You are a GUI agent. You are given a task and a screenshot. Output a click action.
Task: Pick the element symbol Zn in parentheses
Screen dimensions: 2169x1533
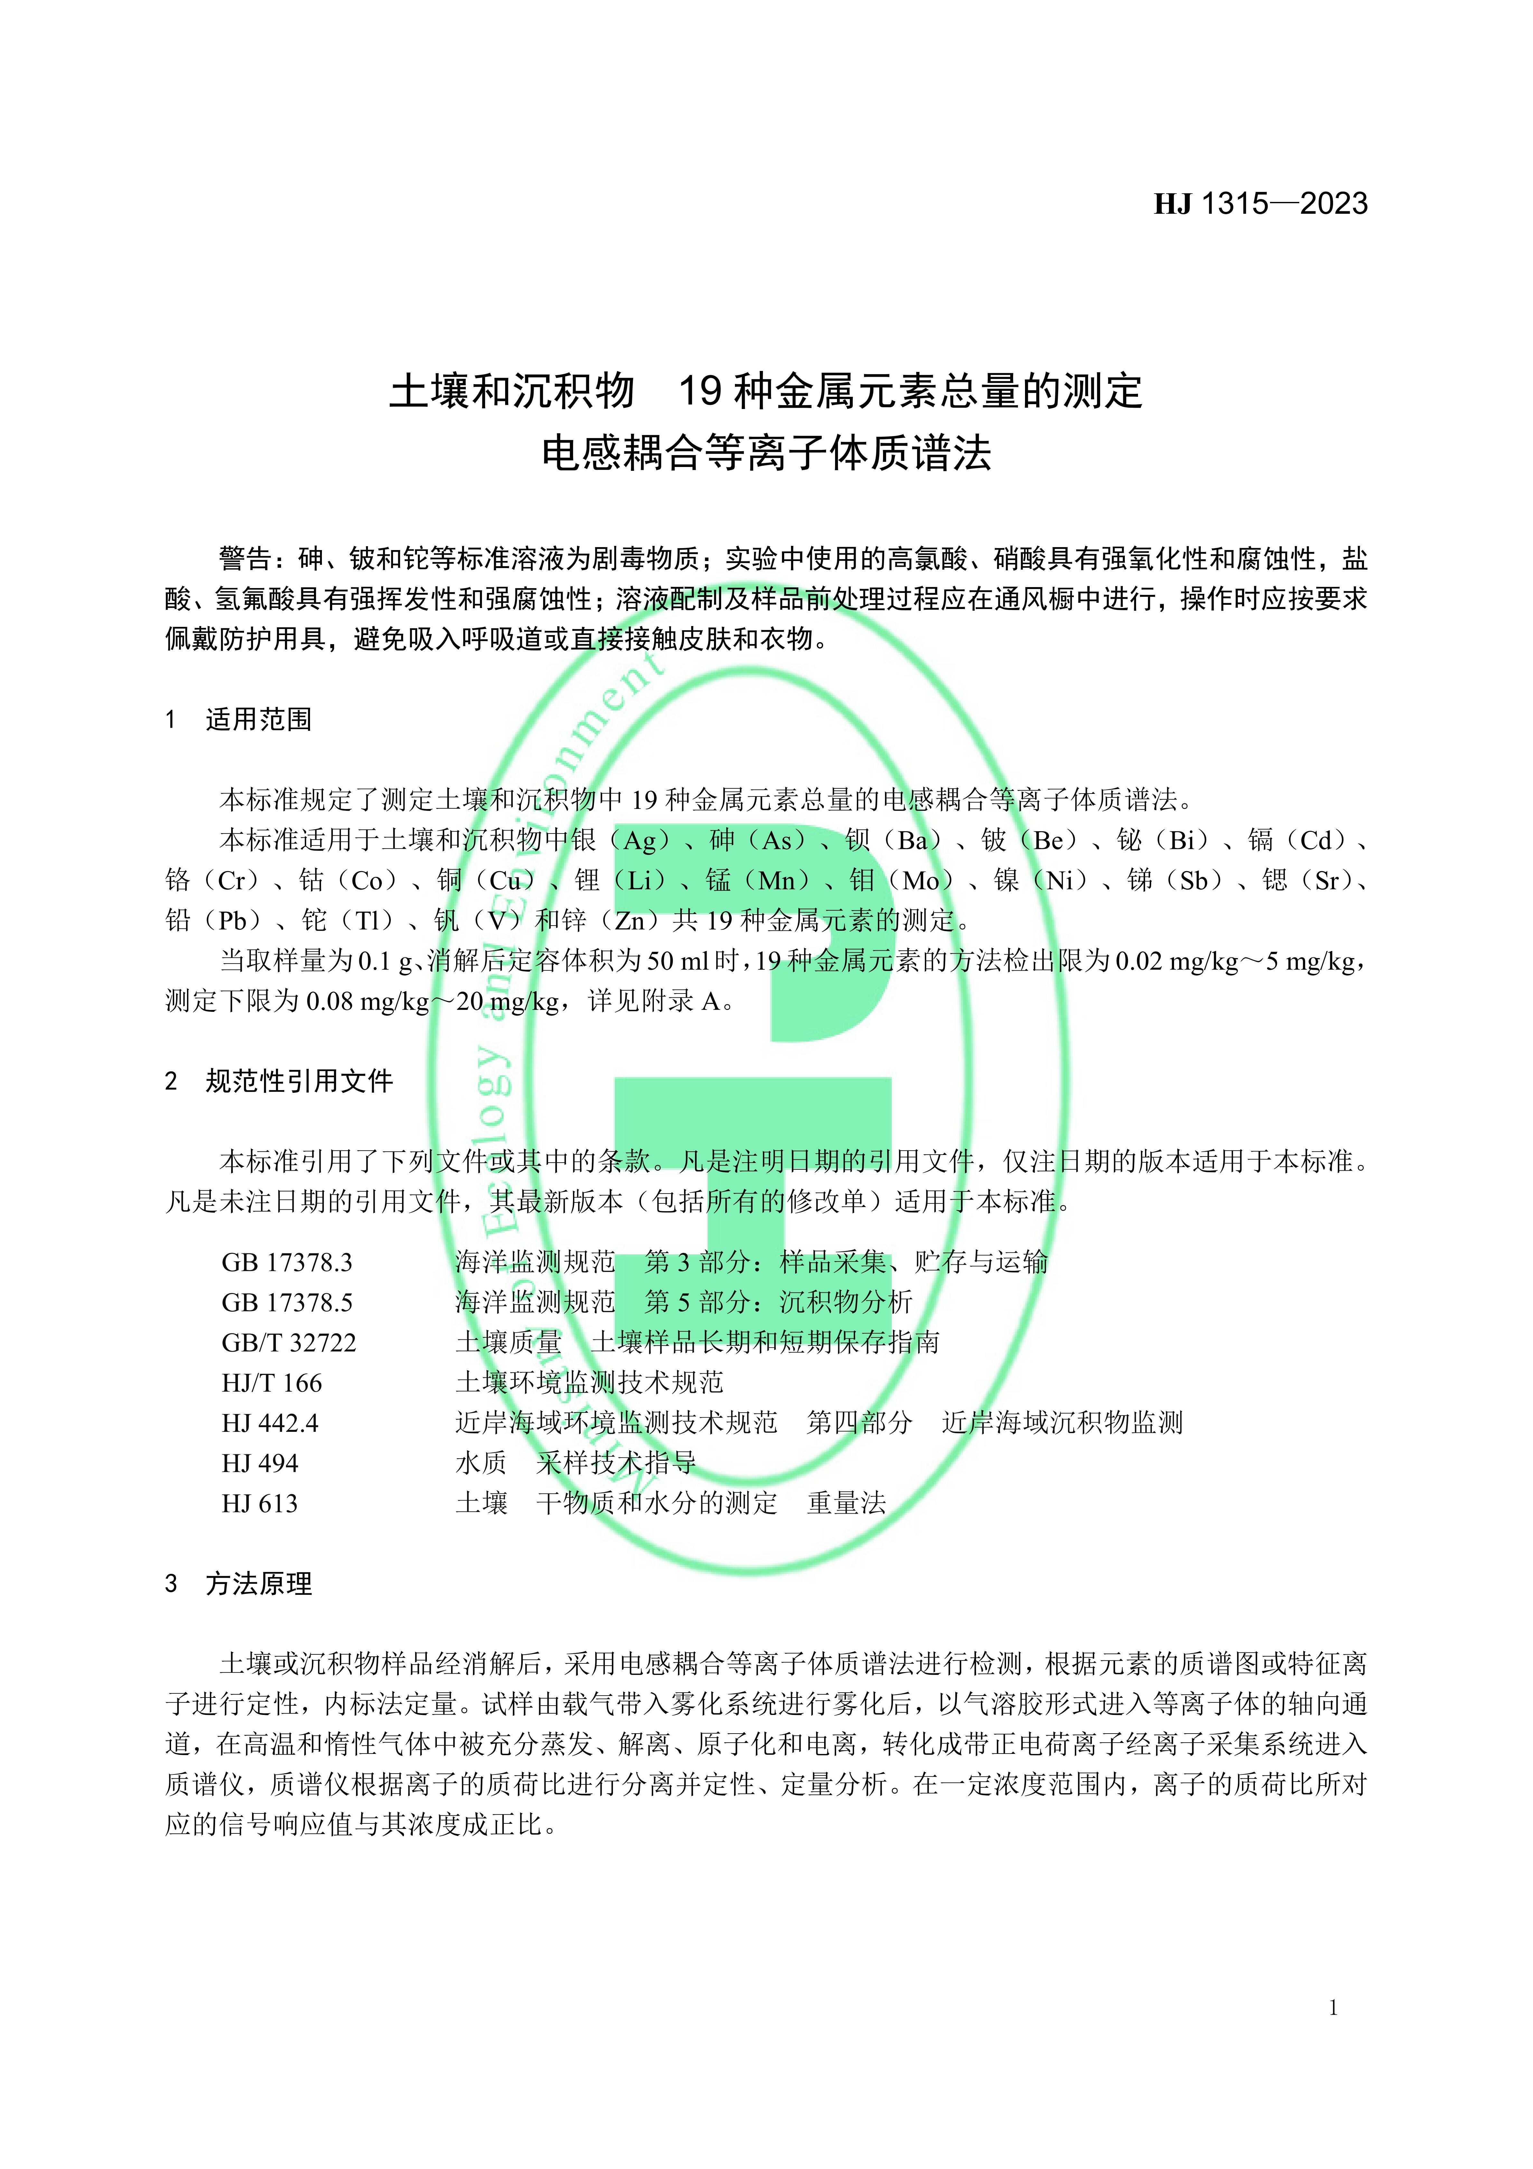(x=630, y=920)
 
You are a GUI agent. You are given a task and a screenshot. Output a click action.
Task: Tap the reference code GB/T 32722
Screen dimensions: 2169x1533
(x=289, y=1342)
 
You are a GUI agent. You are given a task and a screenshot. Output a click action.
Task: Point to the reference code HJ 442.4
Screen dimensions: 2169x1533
(x=270, y=1423)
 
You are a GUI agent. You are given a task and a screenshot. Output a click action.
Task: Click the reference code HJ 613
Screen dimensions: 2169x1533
(x=260, y=1503)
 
